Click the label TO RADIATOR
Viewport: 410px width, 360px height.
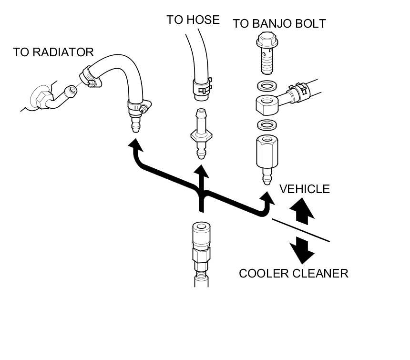(x=53, y=52)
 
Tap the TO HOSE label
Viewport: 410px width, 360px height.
(x=193, y=20)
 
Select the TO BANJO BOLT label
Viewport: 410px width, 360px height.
(x=279, y=23)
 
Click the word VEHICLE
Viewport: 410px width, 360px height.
(x=304, y=189)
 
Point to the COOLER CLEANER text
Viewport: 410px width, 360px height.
(x=293, y=273)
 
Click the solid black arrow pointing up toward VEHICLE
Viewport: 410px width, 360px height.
(x=302, y=211)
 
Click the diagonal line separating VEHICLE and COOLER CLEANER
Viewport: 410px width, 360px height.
(x=300, y=230)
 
